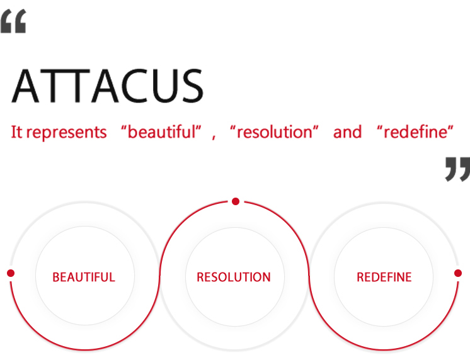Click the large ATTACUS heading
click(x=107, y=86)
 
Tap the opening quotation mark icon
click(x=13, y=21)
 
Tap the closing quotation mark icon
click(x=457, y=169)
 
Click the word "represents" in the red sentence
click(x=67, y=132)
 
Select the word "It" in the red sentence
click(x=16, y=132)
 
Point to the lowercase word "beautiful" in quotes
click(x=161, y=132)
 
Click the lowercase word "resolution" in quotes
click(x=275, y=132)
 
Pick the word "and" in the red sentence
click(x=347, y=132)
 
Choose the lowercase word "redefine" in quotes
click(x=415, y=132)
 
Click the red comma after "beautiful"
click(x=214, y=138)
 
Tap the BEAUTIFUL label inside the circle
click(x=84, y=277)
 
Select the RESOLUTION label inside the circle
click(x=234, y=277)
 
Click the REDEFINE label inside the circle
click(x=384, y=277)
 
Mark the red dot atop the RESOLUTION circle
click(x=236, y=201)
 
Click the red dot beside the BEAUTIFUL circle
click(x=11, y=273)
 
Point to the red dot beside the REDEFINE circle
click(x=458, y=273)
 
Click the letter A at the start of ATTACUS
click(x=25, y=86)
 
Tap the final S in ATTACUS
click(x=192, y=86)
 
